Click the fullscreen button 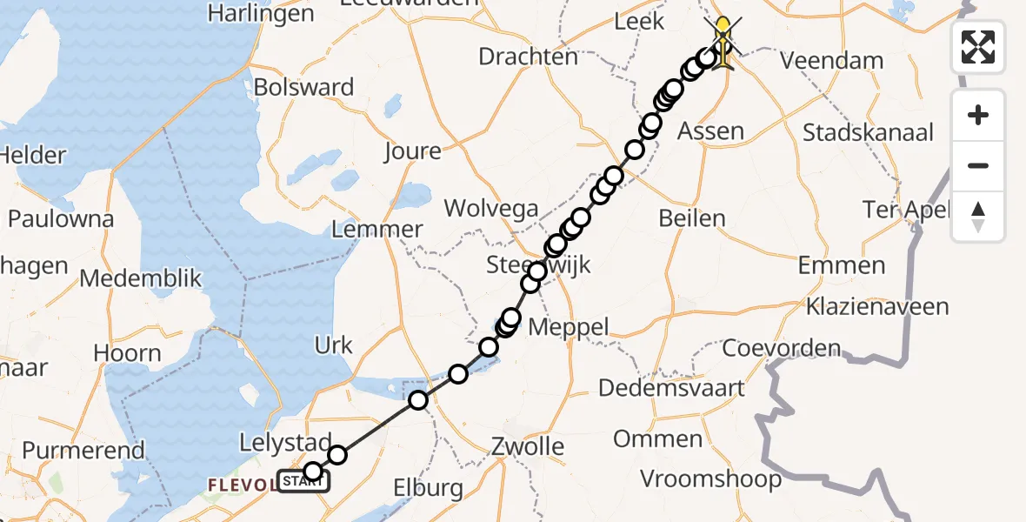tap(978, 47)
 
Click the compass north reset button tap(978, 217)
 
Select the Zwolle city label tap(526, 447)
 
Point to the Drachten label tap(529, 57)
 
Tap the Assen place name tap(710, 131)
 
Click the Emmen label tap(842, 265)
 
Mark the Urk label tap(334, 345)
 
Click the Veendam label tap(832, 61)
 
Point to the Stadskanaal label tap(869, 133)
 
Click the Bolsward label tap(303, 87)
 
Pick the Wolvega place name tap(491, 209)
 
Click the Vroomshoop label tap(710, 478)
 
